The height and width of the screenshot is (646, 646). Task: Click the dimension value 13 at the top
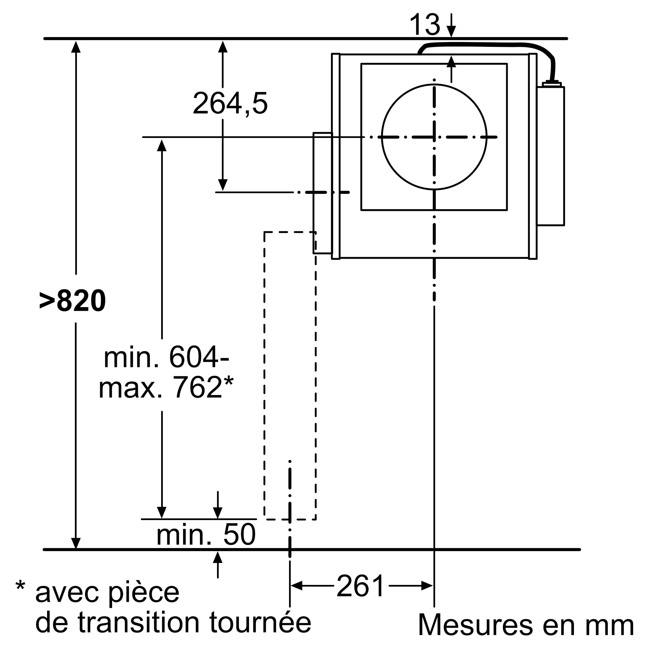425,25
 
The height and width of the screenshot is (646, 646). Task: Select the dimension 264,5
230,104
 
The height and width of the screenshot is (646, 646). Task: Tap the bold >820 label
73,301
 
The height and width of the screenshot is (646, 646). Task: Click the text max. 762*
166,388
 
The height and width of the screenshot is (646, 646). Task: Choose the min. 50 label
206,535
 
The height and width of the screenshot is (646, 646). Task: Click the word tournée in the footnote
260,622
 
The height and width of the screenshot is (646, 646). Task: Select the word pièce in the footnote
144,593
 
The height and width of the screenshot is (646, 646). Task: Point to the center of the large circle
434,137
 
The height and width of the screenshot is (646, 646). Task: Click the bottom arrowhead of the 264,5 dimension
223,185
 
